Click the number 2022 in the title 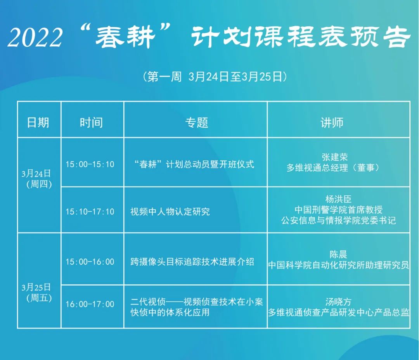pyautogui.click(x=35, y=38)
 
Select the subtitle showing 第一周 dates pyautogui.click(x=215, y=77)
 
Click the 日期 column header pyautogui.click(x=38, y=122)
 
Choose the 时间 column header pyautogui.click(x=91, y=122)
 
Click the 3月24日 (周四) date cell pyautogui.click(x=36, y=178)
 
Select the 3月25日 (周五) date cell pyautogui.click(x=36, y=293)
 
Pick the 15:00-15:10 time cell pyautogui.click(x=90, y=164)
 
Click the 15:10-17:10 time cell pyautogui.click(x=90, y=212)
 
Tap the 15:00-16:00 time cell pyautogui.click(x=90, y=262)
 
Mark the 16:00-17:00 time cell pyautogui.click(x=90, y=304)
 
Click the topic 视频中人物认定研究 pyautogui.click(x=170, y=212)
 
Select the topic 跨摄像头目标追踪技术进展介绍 pyautogui.click(x=192, y=262)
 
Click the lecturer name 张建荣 pyautogui.click(x=334, y=157)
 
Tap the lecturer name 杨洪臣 pyautogui.click(x=338, y=199)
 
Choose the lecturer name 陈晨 pyautogui.click(x=338, y=255)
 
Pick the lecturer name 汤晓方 pyautogui.click(x=338, y=301)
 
